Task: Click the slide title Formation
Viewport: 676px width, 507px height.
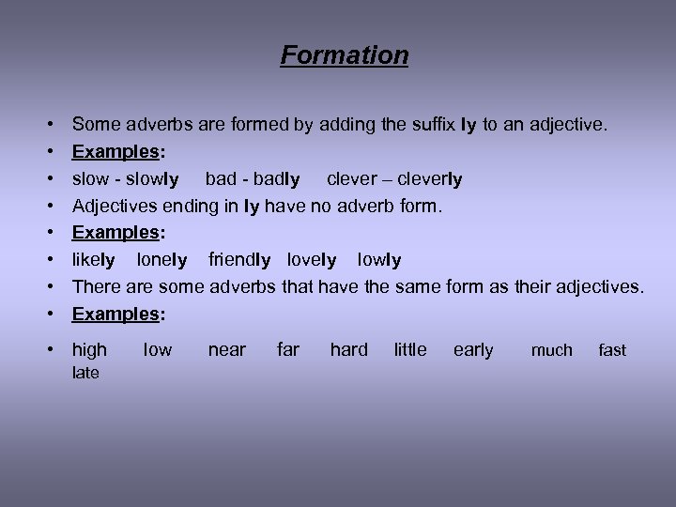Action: (344, 55)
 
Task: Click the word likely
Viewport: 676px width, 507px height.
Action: (94, 259)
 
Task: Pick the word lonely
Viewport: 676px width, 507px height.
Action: (161, 259)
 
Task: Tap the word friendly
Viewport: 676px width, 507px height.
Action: (239, 259)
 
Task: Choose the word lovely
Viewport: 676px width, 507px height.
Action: (312, 259)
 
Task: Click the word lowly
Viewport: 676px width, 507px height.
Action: (378, 259)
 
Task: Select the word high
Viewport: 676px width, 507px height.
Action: (90, 350)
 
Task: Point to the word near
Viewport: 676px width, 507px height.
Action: (226, 350)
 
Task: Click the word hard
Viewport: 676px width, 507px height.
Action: (348, 350)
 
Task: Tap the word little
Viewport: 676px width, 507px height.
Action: (410, 350)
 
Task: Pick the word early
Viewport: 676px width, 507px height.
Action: (473, 350)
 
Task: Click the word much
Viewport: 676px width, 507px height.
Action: (551, 350)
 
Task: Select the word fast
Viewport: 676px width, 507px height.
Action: (612, 350)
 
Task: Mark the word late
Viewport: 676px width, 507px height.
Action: (86, 373)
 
